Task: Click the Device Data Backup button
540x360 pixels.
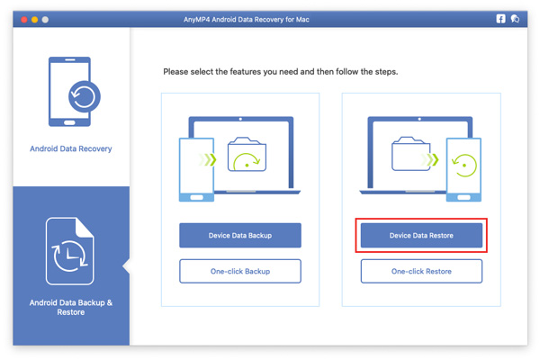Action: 240,236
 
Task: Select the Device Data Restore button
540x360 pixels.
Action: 421,236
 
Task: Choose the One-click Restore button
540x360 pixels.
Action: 421,271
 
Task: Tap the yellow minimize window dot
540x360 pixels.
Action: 34,19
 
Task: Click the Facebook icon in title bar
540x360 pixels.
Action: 501,19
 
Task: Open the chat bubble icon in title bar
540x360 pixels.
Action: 516,19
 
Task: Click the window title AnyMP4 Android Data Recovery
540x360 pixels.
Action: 269,19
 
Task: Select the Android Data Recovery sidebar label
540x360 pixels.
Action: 71,148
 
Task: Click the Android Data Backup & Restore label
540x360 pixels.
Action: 71,307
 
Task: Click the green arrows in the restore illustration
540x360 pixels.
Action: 435,161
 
